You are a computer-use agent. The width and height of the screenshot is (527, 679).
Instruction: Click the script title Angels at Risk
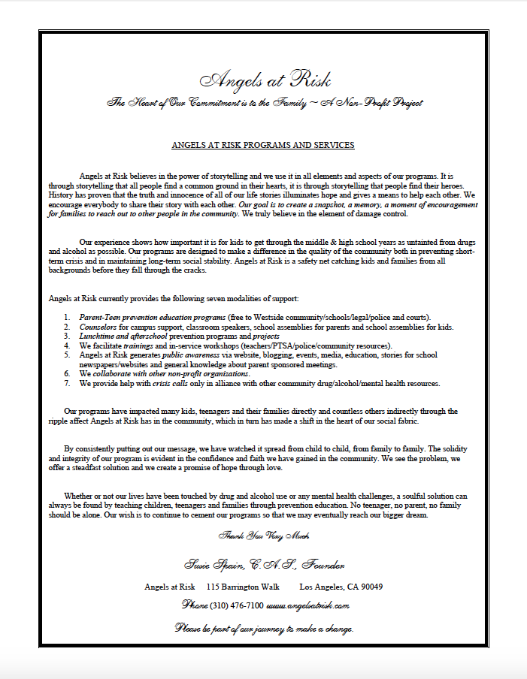[265, 80]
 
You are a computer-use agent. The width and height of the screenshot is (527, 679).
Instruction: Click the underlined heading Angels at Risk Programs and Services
[263, 145]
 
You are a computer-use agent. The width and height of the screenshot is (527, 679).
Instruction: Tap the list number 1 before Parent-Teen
[67, 318]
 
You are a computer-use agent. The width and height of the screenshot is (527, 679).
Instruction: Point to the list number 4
[67, 346]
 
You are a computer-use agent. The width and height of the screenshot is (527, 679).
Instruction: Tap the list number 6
[67, 373]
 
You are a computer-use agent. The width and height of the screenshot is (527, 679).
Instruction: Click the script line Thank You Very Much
[263, 536]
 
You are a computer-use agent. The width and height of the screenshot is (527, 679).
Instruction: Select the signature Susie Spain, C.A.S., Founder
[264, 563]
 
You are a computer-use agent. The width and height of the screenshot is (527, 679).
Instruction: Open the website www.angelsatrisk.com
[308, 605]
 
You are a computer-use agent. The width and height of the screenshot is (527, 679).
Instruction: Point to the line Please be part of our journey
[264, 627]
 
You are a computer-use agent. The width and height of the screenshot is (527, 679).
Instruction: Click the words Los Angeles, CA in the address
[325, 587]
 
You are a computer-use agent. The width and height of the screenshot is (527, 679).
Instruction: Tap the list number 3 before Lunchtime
[67, 336]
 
